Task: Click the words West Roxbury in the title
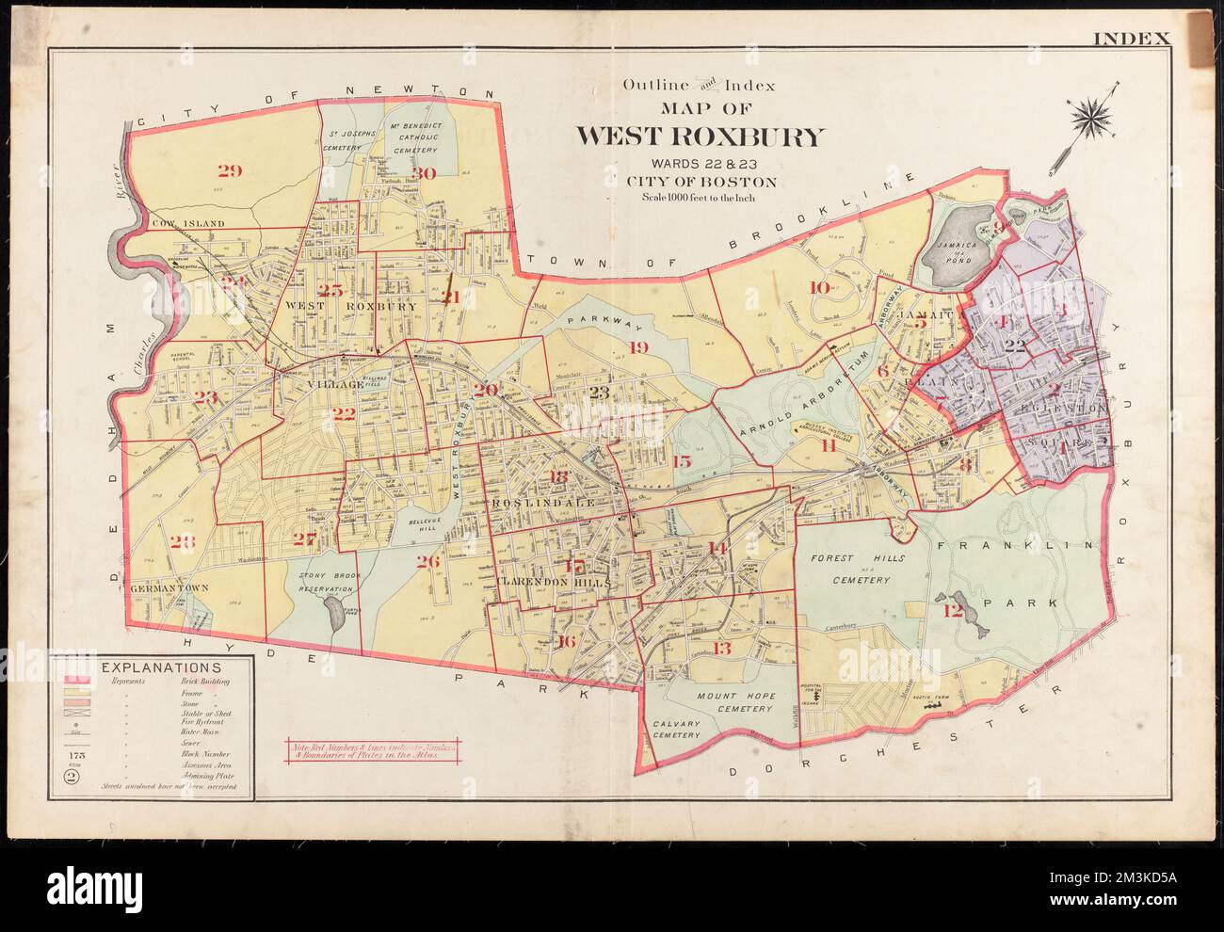tap(700, 137)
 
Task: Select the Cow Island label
tap(188, 223)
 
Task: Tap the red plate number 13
tap(722, 648)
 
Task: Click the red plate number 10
tap(819, 287)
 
